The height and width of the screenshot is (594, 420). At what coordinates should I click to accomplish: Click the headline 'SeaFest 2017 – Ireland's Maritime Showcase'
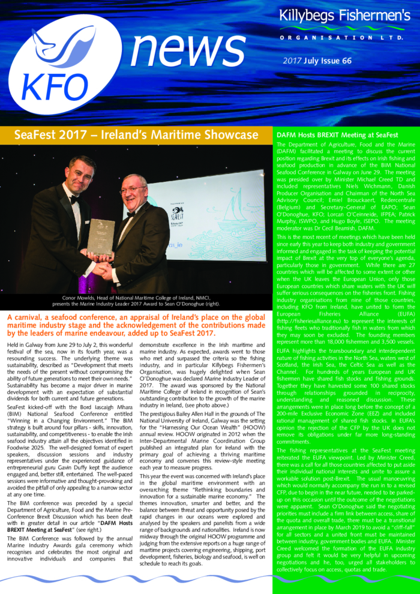pos(136,136)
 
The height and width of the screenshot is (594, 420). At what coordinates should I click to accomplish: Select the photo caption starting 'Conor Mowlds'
pos(136,300)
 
